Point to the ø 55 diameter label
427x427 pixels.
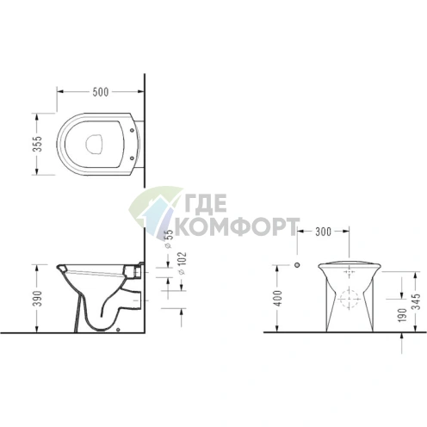169,235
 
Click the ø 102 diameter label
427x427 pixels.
182,263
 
